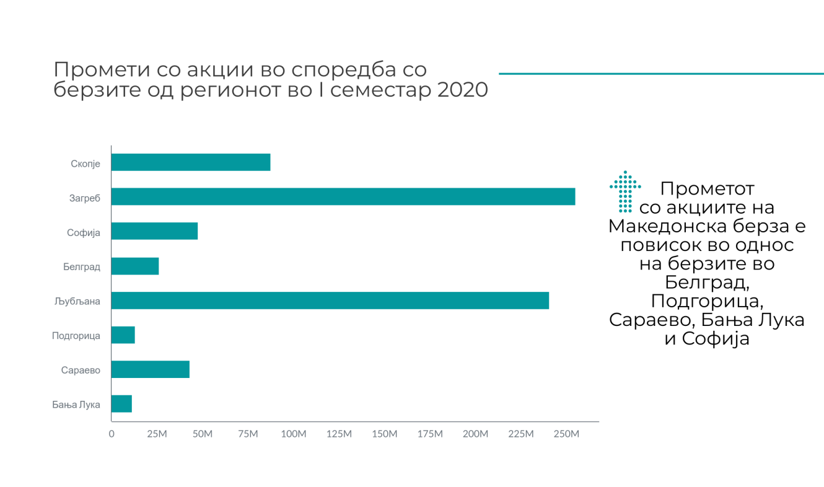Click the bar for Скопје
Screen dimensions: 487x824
coord(191,162)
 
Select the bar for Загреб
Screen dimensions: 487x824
coord(343,196)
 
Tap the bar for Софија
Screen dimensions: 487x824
coord(154,231)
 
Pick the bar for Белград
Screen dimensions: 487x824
coord(135,266)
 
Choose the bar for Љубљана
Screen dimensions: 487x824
coord(330,301)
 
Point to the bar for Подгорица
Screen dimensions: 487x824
coord(123,335)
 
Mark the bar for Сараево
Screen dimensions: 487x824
coord(151,370)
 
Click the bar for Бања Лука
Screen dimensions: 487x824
coord(121,404)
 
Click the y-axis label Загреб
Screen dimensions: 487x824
coord(85,198)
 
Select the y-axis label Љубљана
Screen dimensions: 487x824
coord(77,302)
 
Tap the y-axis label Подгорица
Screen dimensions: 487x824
coord(76,336)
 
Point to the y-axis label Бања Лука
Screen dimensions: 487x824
coord(76,406)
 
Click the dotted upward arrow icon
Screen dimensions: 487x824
coord(625,191)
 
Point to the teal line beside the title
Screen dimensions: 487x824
coord(660,74)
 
